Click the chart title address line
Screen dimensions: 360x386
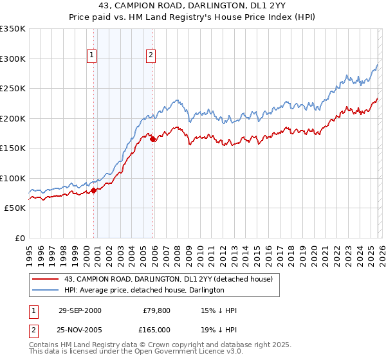pos(193,6)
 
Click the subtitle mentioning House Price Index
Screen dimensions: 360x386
pos(193,17)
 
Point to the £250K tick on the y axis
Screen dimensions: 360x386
pos(13,89)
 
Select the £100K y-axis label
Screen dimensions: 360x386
pos(13,178)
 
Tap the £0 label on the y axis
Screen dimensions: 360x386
pos(19,238)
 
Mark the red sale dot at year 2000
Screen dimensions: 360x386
pos(94,190)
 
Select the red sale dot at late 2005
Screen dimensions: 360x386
pos(152,139)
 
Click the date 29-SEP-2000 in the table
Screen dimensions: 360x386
pos(80,310)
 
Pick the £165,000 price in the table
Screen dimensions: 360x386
pos(156,329)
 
